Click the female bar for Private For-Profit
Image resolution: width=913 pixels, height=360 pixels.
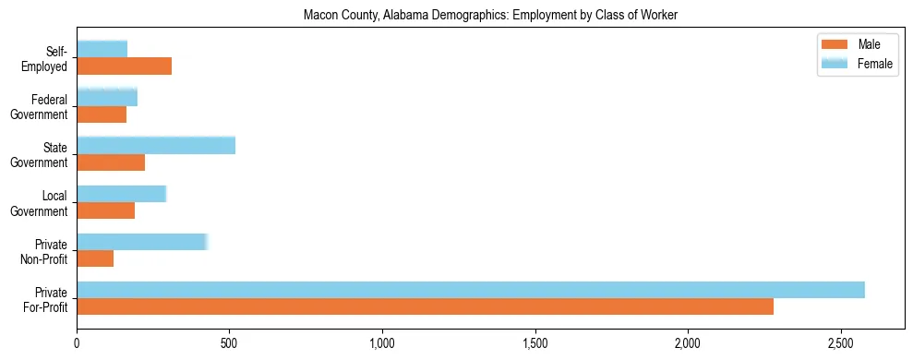pyautogui.click(x=471, y=290)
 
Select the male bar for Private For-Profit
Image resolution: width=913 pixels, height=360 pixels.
pyautogui.click(x=425, y=306)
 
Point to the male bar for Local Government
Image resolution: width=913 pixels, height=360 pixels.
pyautogui.click(x=105, y=210)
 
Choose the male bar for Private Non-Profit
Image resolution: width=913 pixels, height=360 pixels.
pyautogui.click(x=95, y=258)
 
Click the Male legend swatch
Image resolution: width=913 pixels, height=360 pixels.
pyautogui.click(x=834, y=44)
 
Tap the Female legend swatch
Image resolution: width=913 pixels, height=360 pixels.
pyautogui.click(x=834, y=64)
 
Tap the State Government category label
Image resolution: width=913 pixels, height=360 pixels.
pyautogui.click(x=42, y=155)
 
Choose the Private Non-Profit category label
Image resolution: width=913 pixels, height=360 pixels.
pyautogui.click(x=46, y=251)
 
